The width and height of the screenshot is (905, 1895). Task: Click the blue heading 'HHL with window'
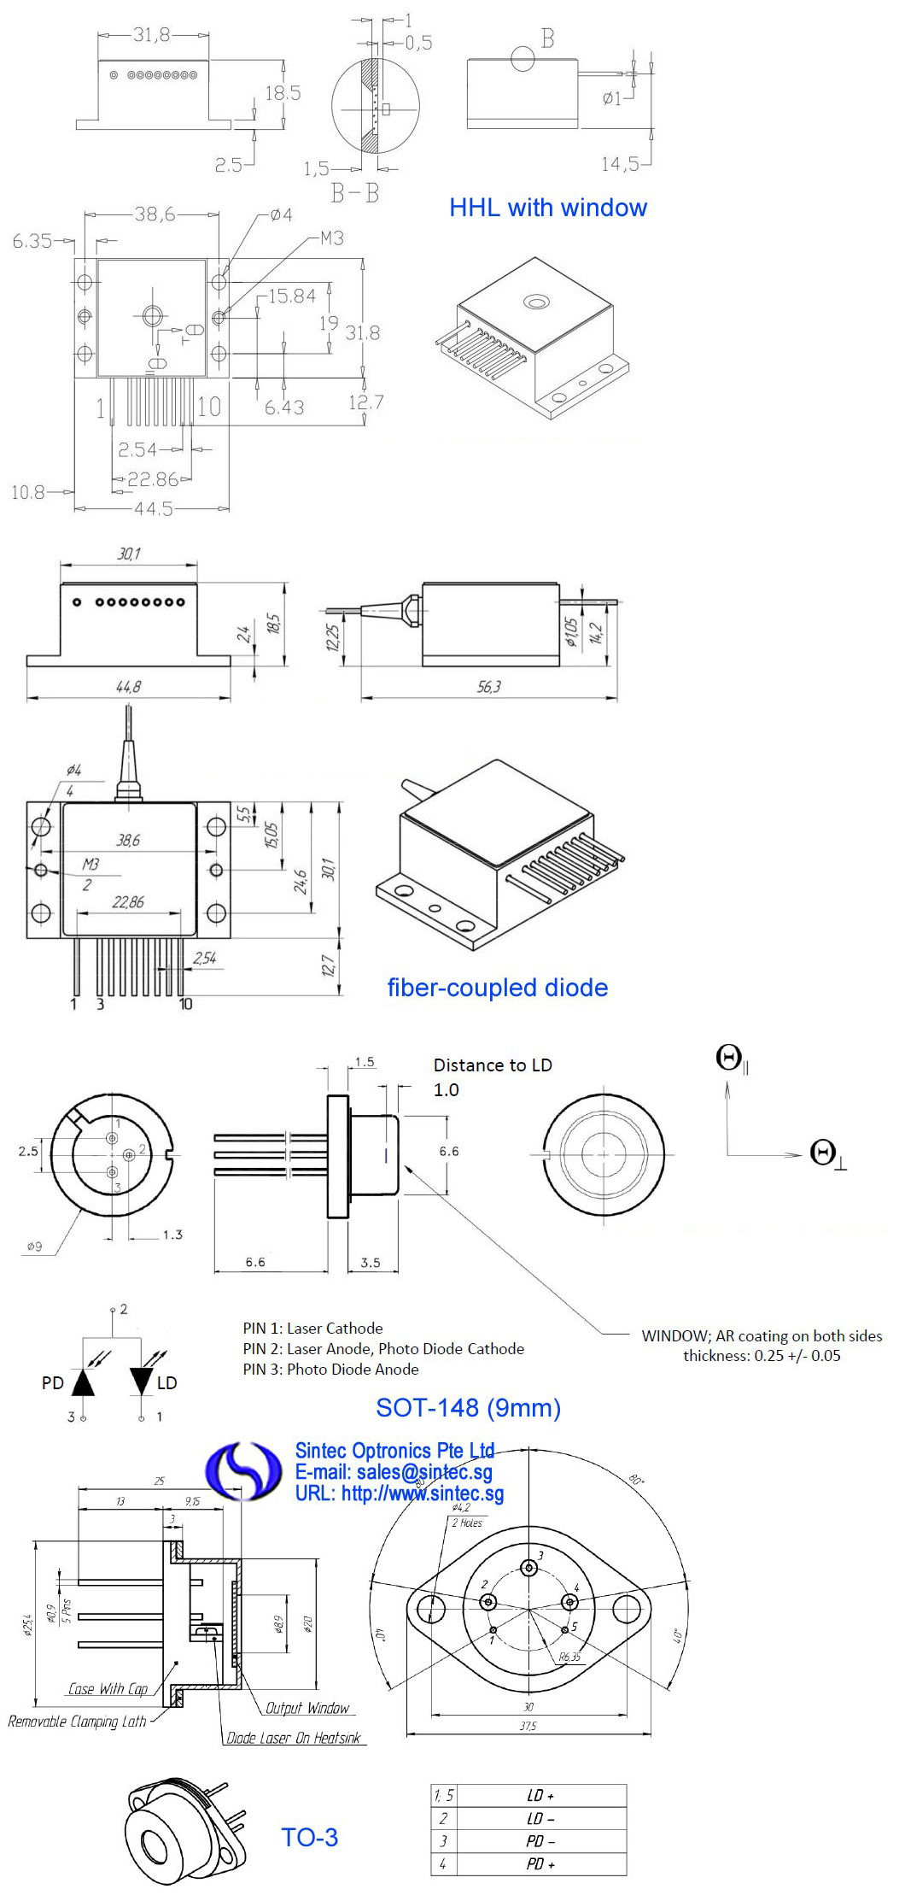point(547,208)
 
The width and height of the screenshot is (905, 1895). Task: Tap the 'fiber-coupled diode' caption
point(497,988)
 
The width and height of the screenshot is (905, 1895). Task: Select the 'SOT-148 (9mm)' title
point(468,1407)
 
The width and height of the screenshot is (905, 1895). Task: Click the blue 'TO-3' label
point(309,1837)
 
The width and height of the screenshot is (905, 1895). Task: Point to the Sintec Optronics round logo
point(243,1470)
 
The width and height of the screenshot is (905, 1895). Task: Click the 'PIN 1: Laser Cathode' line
point(312,1329)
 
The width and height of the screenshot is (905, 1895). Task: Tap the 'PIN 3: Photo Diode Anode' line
point(330,1370)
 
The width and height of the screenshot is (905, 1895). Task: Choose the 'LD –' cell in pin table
point(540,1818)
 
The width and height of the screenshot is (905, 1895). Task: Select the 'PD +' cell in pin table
point(540,1863)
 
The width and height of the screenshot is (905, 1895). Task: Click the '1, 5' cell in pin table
point(444,1795)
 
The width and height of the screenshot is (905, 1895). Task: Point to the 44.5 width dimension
point(154,509)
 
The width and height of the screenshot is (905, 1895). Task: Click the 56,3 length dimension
point(489,686)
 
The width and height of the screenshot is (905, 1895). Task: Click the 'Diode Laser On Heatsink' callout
point(294,1738)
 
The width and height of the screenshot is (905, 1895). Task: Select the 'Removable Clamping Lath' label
point(77,1722)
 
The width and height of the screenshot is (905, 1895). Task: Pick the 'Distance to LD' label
point(493,1065)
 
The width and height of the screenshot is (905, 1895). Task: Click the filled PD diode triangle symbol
point(83,1382)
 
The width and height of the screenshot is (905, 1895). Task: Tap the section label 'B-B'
point(354,193)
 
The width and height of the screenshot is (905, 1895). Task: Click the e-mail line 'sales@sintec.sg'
point(394,1472)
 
